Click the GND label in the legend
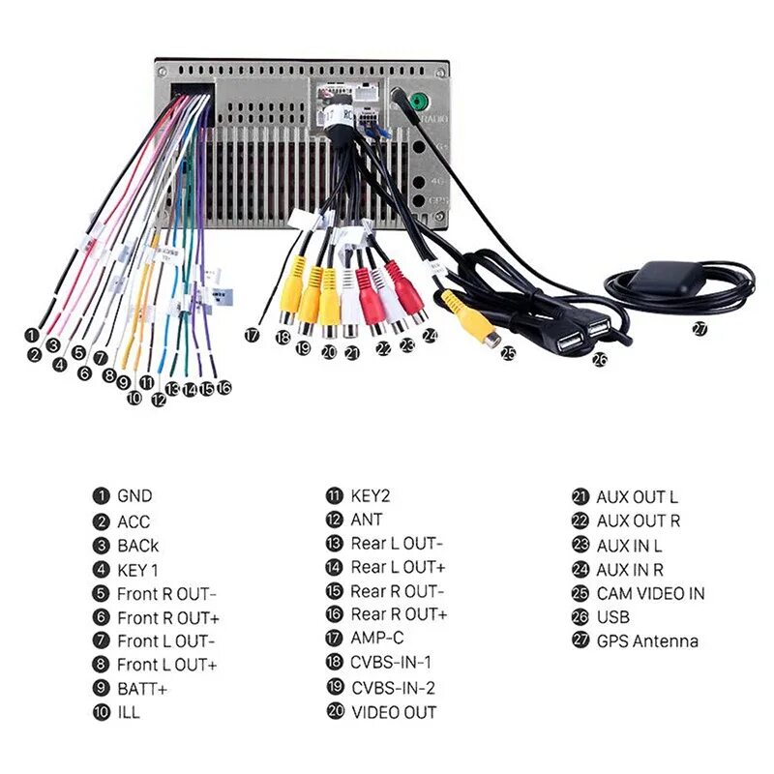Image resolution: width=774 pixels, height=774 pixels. pos(134,496)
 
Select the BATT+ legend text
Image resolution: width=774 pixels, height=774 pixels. pos(141,689)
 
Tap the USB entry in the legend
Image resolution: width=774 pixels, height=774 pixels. pos(612,616)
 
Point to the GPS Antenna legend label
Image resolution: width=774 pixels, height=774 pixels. pos(646,640)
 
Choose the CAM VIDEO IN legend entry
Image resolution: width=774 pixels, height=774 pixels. pos(650,593)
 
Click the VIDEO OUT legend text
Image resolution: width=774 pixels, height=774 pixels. pos(393,712)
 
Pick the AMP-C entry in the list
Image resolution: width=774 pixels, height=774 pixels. pos(375,640)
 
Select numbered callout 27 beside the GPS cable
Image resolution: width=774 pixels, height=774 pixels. pos(699,328)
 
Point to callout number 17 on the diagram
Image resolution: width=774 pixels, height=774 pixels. pos(253,335)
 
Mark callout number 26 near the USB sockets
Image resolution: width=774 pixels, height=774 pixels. pos(600,360)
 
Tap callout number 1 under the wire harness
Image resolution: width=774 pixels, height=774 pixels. pos(32,334)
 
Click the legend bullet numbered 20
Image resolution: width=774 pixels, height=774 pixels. pos(335,712)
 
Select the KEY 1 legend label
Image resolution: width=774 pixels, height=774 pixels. pos(137,570)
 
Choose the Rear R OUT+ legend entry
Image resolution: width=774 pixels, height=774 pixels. pos(399,614)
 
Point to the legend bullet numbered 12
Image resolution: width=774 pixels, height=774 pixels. pos(335,520)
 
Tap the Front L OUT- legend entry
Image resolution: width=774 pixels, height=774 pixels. pos(166,640)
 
